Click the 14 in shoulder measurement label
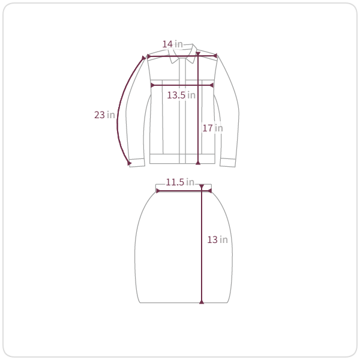[x=172, y=44]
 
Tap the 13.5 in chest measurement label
[x=181, y=95]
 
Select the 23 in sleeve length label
[x=104, y=115]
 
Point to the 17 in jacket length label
[x=212, y=128]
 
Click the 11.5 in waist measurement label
[x=180, y=182]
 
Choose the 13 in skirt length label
[x=217, y=239]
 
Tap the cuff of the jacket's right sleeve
[x=228, y=163]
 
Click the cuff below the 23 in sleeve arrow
[x=137, y=163]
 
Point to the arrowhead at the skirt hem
[x=202, y=302]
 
